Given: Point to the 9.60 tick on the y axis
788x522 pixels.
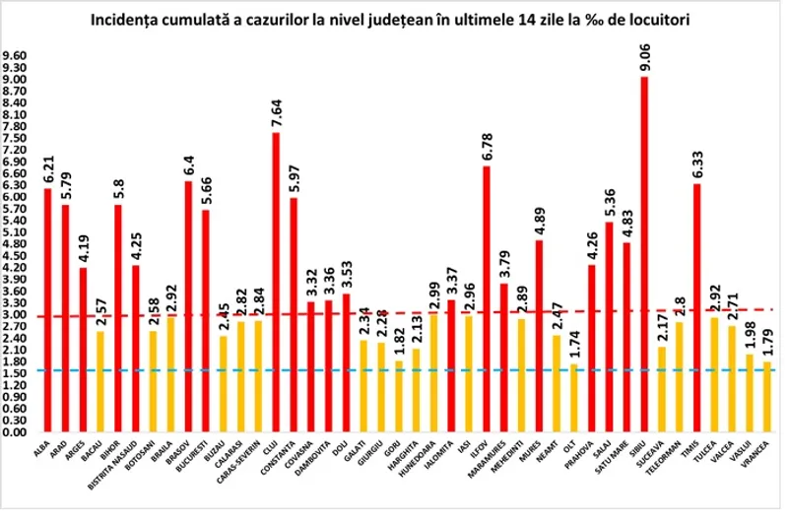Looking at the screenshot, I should pos(18,55).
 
